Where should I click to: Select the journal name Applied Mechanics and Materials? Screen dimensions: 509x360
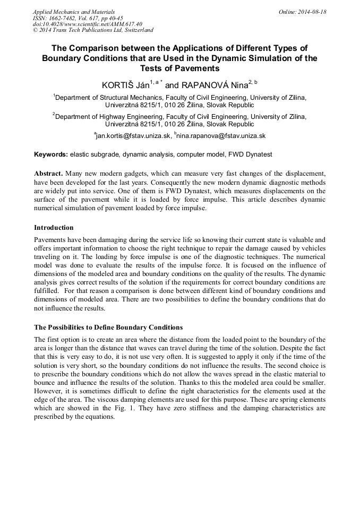click(74, 12)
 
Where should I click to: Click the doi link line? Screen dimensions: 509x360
click(88, 24)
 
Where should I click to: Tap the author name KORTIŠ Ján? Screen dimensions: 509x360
click(125, 85)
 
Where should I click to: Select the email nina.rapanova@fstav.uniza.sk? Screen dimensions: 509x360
click(221, 136)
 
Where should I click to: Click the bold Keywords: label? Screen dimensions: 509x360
click(50, 154)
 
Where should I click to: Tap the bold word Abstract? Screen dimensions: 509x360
click(49, 174)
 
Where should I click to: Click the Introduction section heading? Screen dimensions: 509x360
click(54, 228)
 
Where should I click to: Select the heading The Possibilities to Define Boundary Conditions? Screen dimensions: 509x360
click(108, 327)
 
